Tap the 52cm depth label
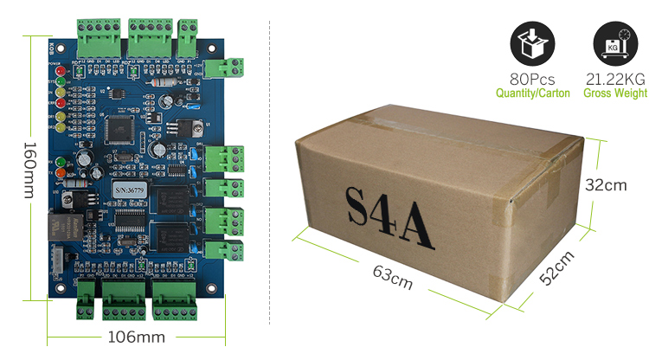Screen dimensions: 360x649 556,268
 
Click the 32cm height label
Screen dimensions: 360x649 604,185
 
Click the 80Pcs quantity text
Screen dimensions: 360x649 532,77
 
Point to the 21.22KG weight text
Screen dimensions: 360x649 615,77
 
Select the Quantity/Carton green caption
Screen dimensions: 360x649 532,93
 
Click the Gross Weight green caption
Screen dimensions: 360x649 615,93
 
